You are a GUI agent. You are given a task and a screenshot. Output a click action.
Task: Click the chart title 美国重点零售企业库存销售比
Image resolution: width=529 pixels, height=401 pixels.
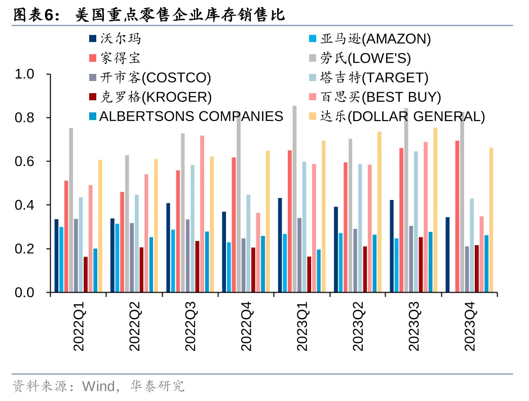pyautogui.click(x=180, y=16)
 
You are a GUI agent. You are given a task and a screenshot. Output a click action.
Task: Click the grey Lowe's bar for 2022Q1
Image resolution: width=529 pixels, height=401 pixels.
pyautogui.click(x=71, y=210)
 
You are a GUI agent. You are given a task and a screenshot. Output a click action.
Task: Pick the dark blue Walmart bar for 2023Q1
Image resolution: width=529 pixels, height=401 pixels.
pyautogui.click(x=280, y=245)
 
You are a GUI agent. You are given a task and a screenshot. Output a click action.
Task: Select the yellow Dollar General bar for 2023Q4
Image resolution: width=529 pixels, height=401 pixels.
pyautogui.click(x=491, y=220)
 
